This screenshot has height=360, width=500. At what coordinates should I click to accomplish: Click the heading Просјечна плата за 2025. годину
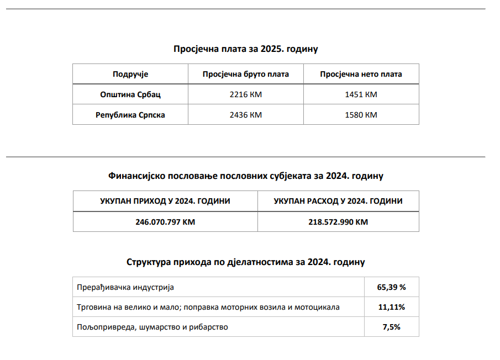(x=246, y=49)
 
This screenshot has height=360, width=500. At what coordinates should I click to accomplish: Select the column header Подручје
(x=130, y=74)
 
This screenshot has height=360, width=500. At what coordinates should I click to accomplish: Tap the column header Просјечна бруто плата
(x=246, y=74)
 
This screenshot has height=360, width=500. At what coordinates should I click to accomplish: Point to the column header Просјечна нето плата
(x=361, y=74)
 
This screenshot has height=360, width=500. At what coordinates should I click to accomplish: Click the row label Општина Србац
(x=130, y=94)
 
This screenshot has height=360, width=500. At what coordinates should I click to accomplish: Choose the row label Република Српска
(x=130, y=115)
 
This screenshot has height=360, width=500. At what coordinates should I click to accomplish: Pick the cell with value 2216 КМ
(x=246, y=94)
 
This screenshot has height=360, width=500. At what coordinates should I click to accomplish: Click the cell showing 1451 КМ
(x=361, y=94)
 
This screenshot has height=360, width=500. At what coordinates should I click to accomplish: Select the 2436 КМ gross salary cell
(x=246, y=115)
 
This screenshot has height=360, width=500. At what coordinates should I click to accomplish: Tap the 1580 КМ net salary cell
(x=361, y=115)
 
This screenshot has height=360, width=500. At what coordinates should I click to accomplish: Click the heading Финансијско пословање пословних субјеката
(x=246, y=176)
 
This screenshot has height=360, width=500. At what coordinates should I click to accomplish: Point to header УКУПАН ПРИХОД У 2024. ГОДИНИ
(x=165, y=201)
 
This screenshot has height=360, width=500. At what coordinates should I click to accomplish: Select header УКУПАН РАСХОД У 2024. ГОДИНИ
(x=338, y=201)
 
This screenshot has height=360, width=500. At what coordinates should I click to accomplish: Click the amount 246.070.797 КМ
(x=165, y=222)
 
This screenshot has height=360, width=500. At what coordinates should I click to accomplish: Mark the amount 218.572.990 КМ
(x=338, y=222)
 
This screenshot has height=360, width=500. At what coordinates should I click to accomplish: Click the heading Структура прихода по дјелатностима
(x=246, y=262)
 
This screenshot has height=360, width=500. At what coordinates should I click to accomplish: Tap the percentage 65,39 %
(x=392, y=287)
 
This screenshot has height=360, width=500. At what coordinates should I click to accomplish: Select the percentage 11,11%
(x=392, y=307)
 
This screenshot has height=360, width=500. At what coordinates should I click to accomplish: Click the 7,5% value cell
(x=392, y=327)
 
